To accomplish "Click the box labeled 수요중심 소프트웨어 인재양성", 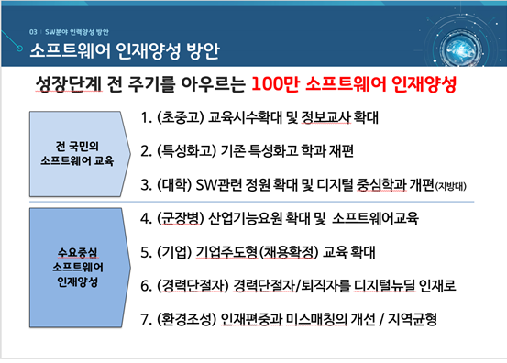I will point(76,264).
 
